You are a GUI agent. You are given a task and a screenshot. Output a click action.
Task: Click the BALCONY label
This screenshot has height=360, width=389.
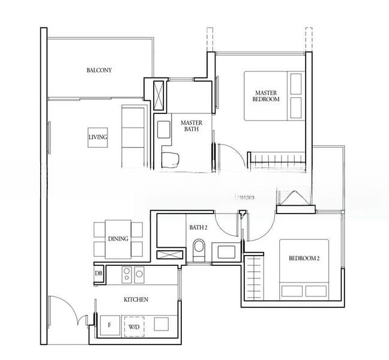click(99, 70)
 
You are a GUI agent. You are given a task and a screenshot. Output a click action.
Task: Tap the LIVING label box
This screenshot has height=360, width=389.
click(97, 137)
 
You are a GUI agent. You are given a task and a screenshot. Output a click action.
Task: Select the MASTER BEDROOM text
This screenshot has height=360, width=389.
click(267, 96)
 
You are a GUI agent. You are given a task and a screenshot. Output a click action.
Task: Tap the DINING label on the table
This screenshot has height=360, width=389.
click(118, 239)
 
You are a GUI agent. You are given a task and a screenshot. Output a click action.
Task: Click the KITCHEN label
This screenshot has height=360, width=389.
click(136, 299)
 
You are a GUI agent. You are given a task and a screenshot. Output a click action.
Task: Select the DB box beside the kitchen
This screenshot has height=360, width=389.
click(98, 274)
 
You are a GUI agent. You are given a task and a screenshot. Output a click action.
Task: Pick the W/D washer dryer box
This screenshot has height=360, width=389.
click(133, 326)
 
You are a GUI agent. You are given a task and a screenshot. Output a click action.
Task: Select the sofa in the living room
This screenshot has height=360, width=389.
click(133, 136)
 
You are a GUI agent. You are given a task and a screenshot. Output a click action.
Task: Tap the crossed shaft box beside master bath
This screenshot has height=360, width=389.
click(159, 95)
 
